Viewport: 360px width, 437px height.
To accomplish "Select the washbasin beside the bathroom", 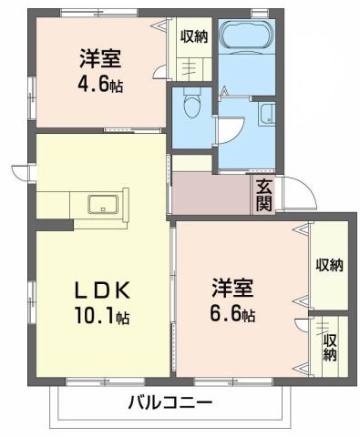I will [267, 114].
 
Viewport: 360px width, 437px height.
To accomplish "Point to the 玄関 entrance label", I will [264, 195].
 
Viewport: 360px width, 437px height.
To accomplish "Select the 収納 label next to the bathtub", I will [193, 37].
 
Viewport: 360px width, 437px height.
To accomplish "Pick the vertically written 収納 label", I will [329, 346].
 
